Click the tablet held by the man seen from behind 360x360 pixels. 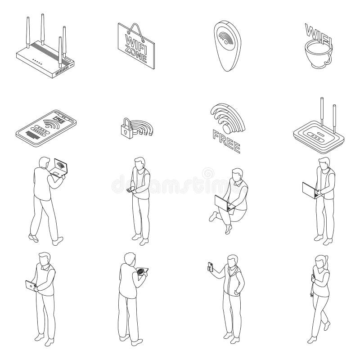[x=142, y=271]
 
